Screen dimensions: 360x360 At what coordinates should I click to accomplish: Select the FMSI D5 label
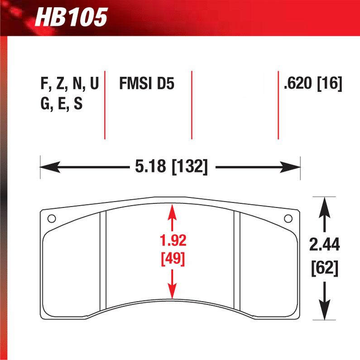coord(146,84)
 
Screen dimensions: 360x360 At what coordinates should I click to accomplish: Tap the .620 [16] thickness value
coord(312,84)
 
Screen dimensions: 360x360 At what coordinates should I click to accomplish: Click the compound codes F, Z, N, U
coord(69,84)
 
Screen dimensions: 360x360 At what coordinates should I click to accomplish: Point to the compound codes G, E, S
coord(61,105)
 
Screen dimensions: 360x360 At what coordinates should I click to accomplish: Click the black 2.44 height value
coord(324,245)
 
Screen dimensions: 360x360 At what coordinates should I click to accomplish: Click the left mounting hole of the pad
coord(52,219)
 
